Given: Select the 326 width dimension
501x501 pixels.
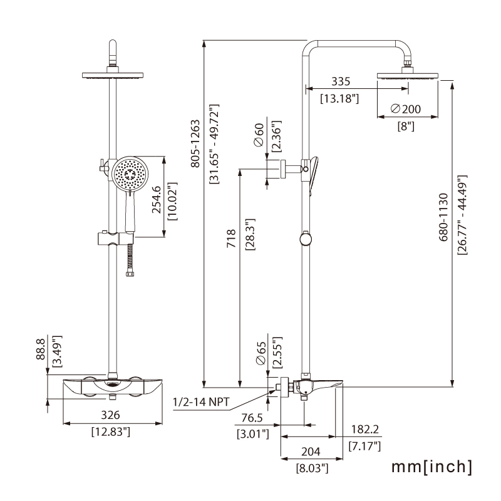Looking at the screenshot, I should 111,415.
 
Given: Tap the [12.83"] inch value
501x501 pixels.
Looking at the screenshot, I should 111,431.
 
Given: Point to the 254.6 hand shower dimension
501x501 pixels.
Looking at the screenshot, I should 158,201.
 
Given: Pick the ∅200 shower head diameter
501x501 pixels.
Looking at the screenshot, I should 405,109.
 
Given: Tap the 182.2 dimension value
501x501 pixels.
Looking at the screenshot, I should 364,430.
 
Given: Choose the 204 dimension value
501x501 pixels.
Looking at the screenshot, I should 311,452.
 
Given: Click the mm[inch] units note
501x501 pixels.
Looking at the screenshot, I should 432,467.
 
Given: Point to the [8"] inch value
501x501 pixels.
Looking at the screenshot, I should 406,125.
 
